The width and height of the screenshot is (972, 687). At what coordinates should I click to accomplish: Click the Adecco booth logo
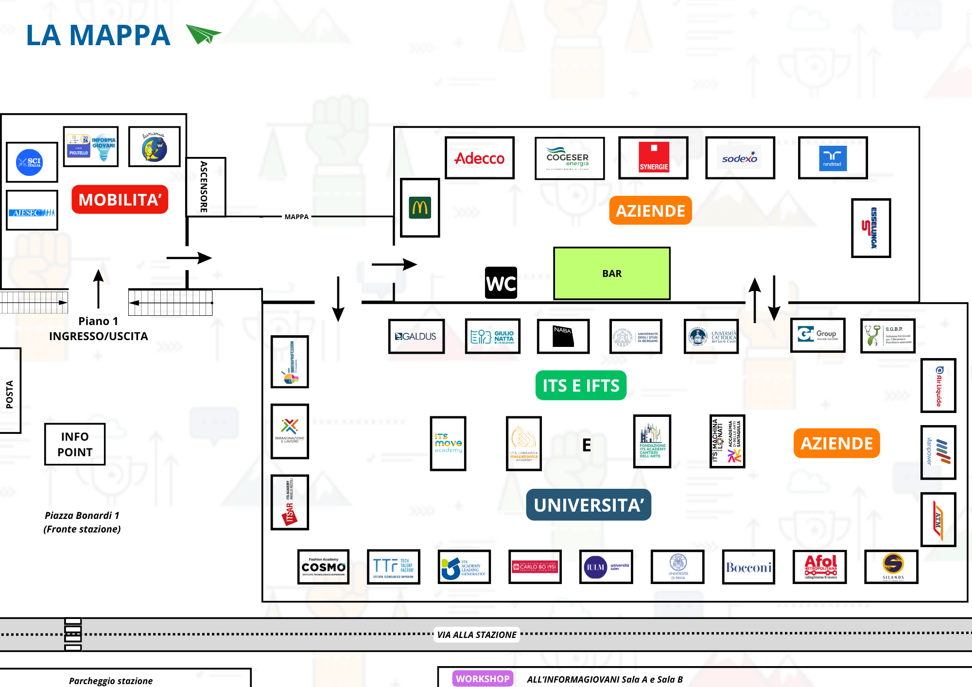(x=480, y=158)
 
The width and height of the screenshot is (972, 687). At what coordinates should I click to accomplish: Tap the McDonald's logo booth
(x=420, y=208)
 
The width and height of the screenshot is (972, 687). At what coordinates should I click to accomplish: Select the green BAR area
(x=612, y=274)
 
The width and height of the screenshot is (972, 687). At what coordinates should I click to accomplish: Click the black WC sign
(x=501, y=283)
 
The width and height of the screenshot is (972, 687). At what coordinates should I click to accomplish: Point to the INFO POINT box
(x=75, y=444)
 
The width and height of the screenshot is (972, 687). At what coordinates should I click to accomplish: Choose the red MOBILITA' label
(x=120, y=199)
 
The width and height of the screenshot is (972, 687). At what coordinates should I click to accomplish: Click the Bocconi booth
(x=748, y=567)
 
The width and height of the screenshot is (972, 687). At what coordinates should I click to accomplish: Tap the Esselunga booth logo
(x=871, y=228)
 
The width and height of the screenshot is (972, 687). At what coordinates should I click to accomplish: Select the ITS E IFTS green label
(x=581, y=385)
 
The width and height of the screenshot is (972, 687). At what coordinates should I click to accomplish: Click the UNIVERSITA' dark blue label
(x=589, y=505)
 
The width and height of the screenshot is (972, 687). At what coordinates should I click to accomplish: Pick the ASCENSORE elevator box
(x=206, y=187)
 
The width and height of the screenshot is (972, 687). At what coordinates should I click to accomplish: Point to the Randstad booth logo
(x=833, y=158)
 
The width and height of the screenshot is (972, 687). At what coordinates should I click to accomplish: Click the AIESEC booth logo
(x=32, y=210)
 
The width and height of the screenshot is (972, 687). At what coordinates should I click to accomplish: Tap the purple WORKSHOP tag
(x=483, y=679)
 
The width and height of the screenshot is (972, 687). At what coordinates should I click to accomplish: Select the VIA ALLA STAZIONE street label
(x=477, y=635)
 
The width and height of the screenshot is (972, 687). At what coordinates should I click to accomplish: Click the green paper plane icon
(x=203, y=34)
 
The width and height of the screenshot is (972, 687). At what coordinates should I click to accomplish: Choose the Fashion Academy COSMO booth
(x=324, y=567)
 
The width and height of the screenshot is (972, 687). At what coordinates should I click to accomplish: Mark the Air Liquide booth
(x=938, y=386)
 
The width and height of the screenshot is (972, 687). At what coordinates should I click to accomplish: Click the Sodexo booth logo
(x=740, y=158)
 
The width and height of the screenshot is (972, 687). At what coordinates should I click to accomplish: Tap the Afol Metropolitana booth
(x=820, y=567)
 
